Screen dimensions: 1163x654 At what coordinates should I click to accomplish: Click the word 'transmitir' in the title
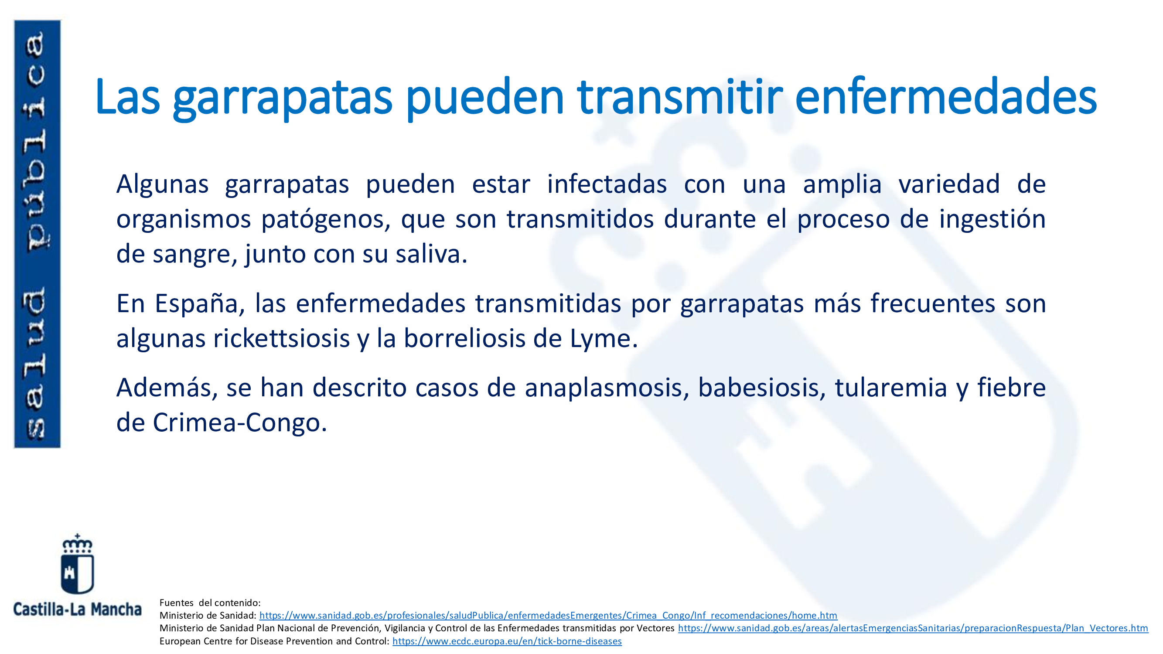680,97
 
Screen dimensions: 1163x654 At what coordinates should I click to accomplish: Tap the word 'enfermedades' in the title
946,97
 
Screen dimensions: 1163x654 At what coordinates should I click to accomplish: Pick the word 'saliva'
431,254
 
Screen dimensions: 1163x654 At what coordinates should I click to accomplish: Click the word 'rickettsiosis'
281,338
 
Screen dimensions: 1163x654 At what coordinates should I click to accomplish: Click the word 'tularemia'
891,388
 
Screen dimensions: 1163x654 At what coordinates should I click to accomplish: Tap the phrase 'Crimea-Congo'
239,423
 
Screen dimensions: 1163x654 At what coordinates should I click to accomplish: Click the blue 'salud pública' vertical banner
38,234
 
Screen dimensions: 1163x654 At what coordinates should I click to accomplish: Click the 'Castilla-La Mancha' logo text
77,610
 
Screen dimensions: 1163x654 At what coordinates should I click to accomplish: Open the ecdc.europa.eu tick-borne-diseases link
507,641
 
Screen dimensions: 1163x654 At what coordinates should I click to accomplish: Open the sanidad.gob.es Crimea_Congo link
548,615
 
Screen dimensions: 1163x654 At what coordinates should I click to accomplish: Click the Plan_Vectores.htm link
913,628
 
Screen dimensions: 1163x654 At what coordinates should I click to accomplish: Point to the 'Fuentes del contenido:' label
210,603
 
